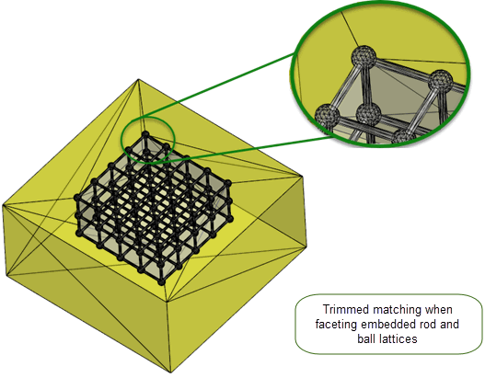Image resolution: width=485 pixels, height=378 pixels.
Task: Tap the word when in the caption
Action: click(439, 310)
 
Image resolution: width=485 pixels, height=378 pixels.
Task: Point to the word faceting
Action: click(337, 325)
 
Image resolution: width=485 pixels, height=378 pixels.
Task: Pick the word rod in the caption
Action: click(428, 325)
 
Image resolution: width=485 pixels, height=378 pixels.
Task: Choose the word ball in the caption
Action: click(366, 338)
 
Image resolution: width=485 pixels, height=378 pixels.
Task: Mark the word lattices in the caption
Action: click(398, 338)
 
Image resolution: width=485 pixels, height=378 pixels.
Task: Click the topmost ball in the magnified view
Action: click(364, 58)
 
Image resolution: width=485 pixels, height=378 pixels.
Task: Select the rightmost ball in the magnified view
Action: click(441, 81)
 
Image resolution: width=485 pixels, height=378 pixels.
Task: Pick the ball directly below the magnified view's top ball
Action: click(368, 115)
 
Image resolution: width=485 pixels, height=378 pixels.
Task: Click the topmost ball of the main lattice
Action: click(145, 134)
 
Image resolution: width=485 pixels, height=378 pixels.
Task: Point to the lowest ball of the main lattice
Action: click(161, 281)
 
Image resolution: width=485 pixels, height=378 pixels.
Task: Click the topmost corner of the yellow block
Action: click(138, 79)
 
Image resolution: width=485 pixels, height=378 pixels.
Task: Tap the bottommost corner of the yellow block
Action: click(170, 372)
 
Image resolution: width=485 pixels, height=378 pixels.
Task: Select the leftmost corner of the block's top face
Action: click(3, 205)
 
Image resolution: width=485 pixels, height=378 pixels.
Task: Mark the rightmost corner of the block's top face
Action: click(302, 177)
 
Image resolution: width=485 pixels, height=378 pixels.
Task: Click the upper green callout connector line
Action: click(218, 85)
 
